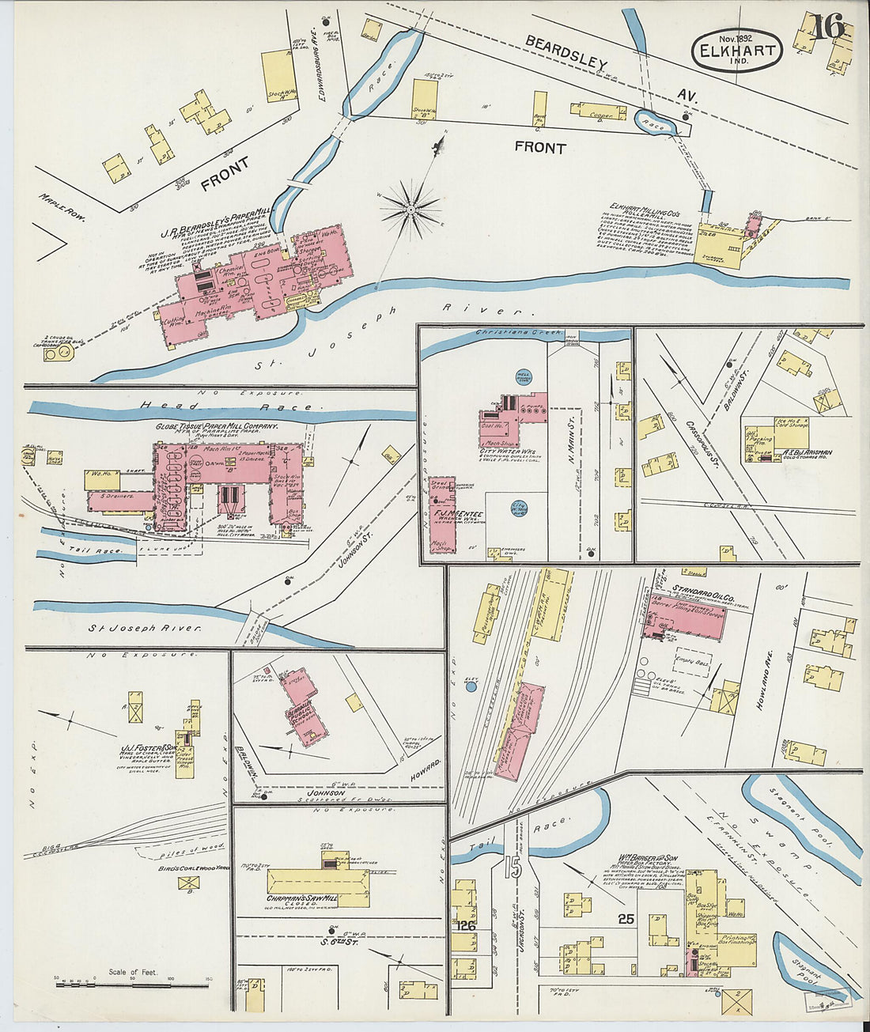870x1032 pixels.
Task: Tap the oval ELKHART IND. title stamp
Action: coord(736,50)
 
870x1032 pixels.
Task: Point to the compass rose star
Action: coord(410,210)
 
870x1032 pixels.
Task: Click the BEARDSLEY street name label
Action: coord(565,55)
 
